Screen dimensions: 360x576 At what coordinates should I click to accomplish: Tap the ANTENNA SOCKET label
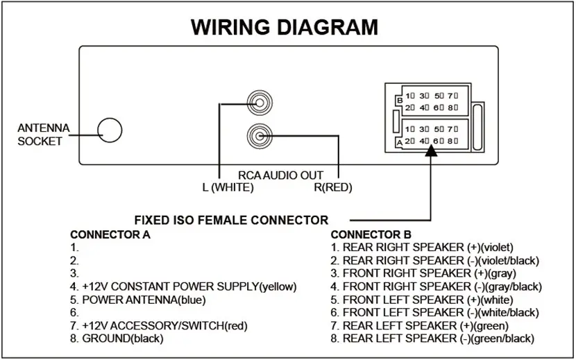40,135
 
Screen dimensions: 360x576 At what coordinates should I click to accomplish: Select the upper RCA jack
259,104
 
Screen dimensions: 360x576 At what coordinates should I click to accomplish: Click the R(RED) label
333,187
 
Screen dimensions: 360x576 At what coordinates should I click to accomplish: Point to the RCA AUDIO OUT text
280,175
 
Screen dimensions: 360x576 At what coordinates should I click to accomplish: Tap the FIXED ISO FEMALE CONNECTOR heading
231,220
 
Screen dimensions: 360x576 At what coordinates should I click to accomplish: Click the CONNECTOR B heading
371,234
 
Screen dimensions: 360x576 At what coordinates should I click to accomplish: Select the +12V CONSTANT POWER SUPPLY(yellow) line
183,286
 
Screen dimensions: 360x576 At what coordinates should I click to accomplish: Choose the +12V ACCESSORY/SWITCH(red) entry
159,325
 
